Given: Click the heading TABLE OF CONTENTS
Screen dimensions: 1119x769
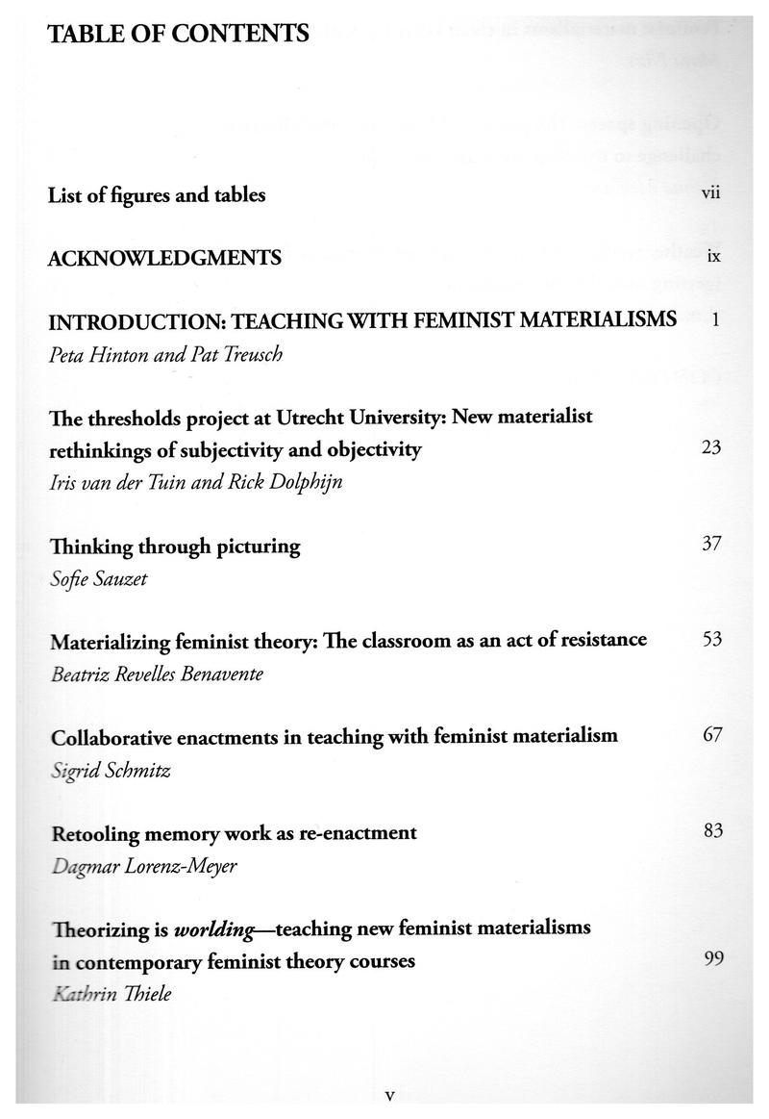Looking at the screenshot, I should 179,35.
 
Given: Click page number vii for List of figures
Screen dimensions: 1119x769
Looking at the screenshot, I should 711,193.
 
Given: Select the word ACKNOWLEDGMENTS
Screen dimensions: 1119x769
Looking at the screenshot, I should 164,257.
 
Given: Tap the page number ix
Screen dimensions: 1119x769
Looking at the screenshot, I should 713,257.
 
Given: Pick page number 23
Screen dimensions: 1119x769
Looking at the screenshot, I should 711,448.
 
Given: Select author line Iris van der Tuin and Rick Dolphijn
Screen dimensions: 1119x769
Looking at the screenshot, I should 195,483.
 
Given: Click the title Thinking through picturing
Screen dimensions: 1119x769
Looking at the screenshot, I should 175,547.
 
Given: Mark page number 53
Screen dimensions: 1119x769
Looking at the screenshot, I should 711,639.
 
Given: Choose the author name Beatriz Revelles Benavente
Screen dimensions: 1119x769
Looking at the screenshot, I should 156,674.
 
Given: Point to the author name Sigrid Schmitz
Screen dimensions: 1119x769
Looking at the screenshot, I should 111,771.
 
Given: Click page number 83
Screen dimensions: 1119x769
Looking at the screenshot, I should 712,831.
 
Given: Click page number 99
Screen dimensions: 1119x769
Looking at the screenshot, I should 712,958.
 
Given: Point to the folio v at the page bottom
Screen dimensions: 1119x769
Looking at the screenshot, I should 389,1095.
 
